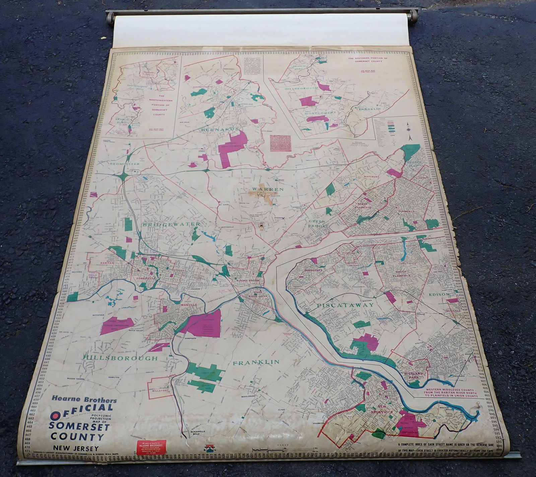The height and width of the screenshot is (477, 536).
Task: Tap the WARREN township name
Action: pos(268,189)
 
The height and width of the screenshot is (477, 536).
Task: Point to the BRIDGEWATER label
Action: pos(172,224)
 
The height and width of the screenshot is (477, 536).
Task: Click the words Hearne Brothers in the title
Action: pos(84,400)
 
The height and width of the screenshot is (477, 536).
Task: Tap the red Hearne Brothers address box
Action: pos(152,447)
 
